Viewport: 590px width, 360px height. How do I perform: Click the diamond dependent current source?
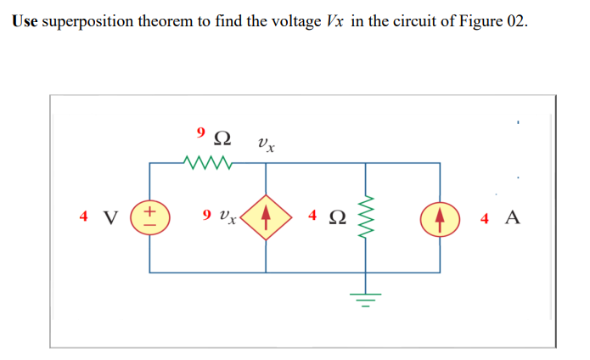(267, 217)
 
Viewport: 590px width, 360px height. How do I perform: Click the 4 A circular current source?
(440, 217)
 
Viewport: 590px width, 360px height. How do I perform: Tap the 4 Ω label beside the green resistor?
(327, 217)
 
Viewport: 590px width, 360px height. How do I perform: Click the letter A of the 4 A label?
(512, 217)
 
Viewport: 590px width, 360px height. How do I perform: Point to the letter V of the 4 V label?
(110, 217)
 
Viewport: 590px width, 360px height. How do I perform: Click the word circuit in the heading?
(407, 21)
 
